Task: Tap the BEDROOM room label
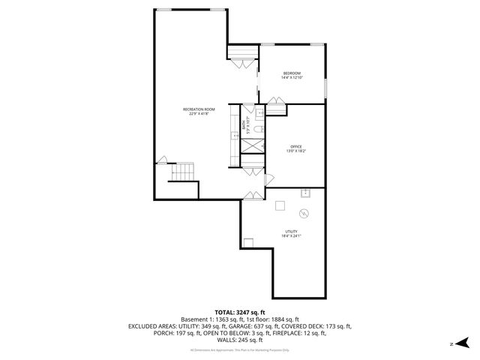[292, 73]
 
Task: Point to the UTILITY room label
[291, 231]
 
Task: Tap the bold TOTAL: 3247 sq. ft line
[240, 312]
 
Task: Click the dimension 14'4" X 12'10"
[292, 77]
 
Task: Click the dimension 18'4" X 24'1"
[291, 235]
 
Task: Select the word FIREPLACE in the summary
[304, 333]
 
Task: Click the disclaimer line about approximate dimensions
[240, 350]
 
